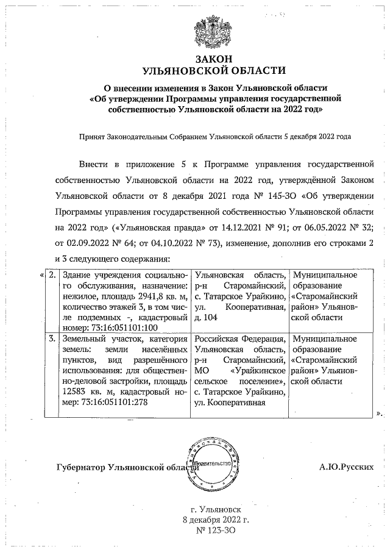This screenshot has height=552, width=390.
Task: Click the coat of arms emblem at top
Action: pos(212,33)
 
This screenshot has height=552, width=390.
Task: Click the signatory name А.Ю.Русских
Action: pos(346,467)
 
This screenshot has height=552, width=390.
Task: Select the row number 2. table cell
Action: pos(54,275)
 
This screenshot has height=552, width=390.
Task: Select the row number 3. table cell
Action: pos(54,339)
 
